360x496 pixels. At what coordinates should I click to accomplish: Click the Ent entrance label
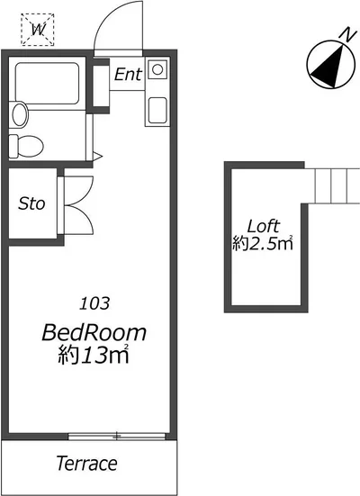click(128, 75)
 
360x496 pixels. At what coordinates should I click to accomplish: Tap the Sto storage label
click(31, 203)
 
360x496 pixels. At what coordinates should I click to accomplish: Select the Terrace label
click(87, 463)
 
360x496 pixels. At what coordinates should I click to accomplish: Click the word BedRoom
click(94, 332)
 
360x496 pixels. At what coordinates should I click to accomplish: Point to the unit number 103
click(94, 303)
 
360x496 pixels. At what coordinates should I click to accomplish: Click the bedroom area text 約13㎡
click(94, 355)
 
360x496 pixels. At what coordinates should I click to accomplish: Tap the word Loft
click(264, 226)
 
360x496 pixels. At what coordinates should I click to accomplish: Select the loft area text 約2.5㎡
click(263, 243)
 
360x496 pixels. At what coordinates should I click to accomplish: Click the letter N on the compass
click(348, 34)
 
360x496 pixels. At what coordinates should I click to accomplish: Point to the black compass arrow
click(329, 68)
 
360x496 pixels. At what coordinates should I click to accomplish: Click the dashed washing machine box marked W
click(38, 30)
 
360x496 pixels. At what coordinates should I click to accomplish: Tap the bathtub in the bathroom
click(47, 83)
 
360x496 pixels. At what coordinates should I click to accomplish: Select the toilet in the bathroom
click(26, 146)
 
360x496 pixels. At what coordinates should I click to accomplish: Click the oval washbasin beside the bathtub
click(20, 114)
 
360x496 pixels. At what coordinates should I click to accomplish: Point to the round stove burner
click(157, 69)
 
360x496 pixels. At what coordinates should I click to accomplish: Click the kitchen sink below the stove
click(157, 110)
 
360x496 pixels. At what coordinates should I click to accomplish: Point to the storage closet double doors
click(78, 205)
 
